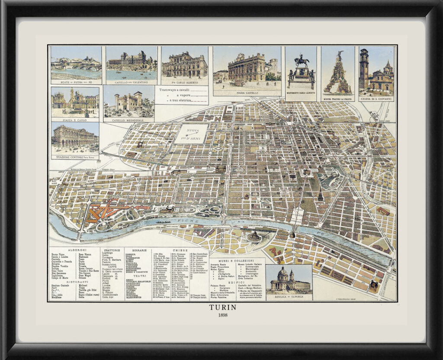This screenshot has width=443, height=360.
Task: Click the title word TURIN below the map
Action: click(222, 308)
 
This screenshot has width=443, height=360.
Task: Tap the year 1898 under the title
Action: click(222, 315)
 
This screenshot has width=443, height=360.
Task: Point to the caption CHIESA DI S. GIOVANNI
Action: click(376, 98)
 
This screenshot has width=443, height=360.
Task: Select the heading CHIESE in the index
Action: click(180, 250)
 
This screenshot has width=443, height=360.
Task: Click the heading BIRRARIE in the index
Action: click(133, 250)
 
